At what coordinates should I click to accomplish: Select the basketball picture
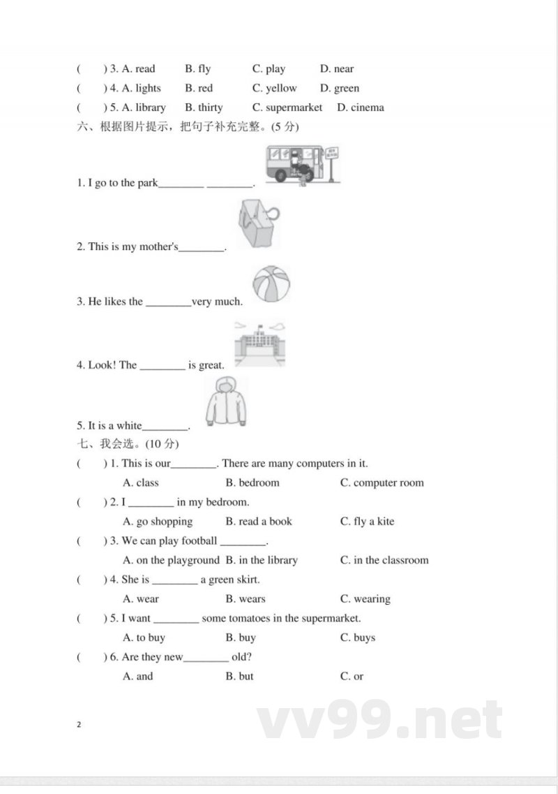coord(271,284)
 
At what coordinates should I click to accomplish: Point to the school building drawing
coord(259,344)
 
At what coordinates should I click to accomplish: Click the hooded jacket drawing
coord(227,402)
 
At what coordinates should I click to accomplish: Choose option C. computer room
coord(382,483)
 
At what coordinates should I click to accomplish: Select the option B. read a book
coord(259,521)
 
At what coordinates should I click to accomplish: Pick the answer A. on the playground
coord(171,560)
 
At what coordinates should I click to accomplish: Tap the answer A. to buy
coord(144,638)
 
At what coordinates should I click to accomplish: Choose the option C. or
coord(352,676)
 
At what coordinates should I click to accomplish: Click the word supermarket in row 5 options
coord(294,108)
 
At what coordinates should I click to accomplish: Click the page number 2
coord(79,724)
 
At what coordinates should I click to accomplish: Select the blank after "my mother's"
coord(202,247)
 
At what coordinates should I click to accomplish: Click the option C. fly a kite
coord(367,521)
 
